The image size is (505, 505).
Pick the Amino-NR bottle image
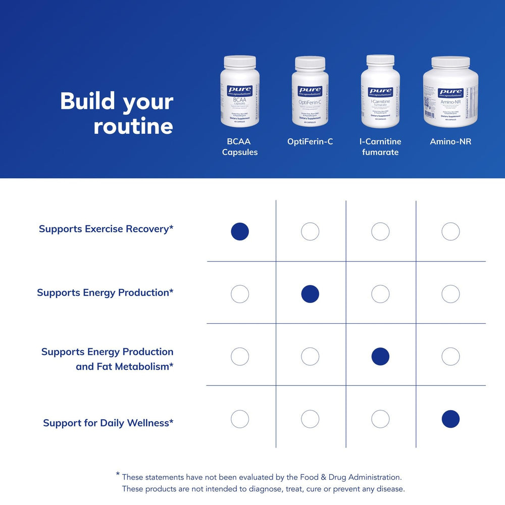[450, 92]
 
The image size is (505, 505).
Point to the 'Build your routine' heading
[117, 114]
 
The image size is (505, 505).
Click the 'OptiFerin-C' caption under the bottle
[310, 142]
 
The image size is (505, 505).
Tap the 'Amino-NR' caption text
[450, 142]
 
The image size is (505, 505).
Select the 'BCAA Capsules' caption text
[240, 147]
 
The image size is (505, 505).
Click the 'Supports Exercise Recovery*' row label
[106, 229]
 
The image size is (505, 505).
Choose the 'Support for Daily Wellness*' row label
[108, 423]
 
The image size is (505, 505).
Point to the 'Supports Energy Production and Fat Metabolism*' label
[108, 359]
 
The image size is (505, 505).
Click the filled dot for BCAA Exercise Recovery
[240, 231]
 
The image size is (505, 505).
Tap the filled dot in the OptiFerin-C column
[310, 294]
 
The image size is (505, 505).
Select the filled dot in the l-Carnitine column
[380, 357]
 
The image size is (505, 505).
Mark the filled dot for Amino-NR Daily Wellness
[450, 419]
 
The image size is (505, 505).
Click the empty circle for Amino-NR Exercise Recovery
[450, 231]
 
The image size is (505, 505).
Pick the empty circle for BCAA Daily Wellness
[240, 419]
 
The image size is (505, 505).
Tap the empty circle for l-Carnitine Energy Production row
[380, 294]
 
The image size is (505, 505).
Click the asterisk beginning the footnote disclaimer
[118, 474]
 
